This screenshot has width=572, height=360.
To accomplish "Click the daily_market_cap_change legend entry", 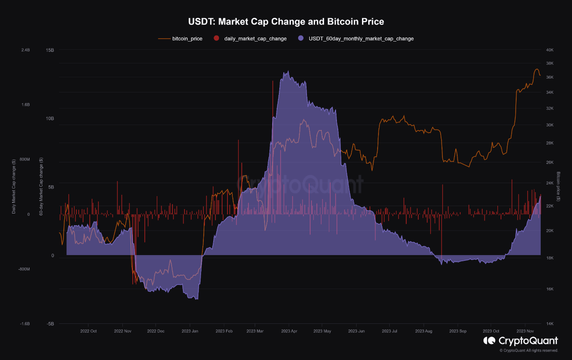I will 255,39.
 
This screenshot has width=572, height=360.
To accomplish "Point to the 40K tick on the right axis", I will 550,50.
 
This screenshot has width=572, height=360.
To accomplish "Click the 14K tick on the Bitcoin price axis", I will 550,324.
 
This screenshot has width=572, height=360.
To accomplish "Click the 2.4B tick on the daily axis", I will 25,50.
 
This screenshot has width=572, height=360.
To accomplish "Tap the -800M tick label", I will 24,269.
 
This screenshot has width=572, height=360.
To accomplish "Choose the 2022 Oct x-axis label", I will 88,331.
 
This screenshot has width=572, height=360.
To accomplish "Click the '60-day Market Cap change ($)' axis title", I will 41,186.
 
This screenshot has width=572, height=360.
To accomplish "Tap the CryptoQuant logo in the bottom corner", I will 521,341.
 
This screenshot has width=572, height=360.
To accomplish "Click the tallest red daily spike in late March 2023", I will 272,83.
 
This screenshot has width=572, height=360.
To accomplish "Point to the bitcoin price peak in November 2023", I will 536,69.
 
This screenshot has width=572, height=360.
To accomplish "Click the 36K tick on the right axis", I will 550,77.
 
